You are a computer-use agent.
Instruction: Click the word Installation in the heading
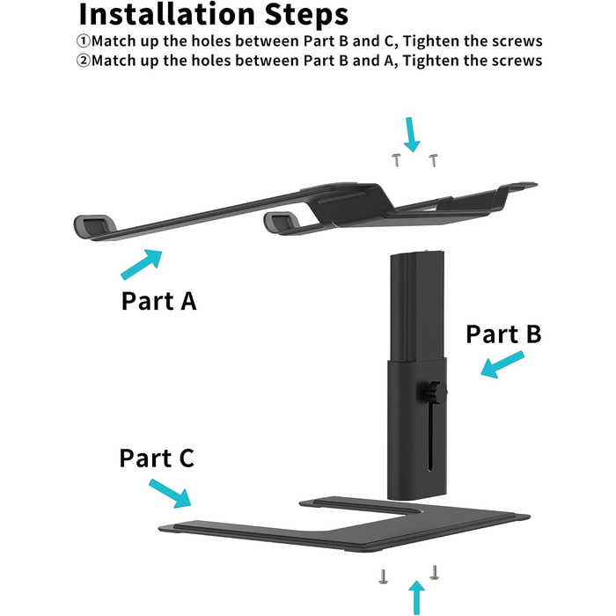[x=172, y=15]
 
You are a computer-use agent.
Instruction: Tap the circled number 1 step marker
[x=84, y=41]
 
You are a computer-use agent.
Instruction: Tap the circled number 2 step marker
[x=84, y=61]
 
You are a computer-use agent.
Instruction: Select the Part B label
[x=502, y=334]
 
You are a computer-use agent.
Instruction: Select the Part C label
[x=157, y=458]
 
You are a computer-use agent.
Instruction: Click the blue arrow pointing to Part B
[x=502, y=365]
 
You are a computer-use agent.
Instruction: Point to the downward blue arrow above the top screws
[x=411, y=134]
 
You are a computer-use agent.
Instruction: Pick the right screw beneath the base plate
[x=434, y=571]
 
